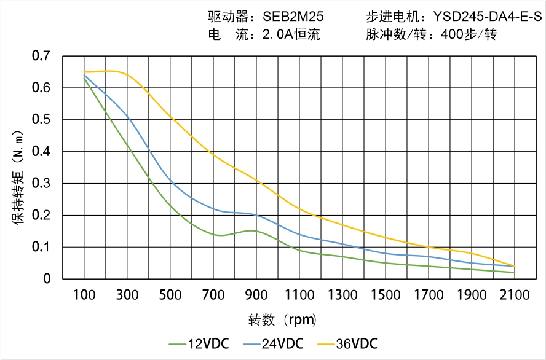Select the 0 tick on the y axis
coord(47,279)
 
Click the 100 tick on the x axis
coord(84,295)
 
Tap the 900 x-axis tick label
coord(256,295)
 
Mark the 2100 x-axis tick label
coord(515,295)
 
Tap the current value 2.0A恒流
coord(291,35)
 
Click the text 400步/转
coord(469,35)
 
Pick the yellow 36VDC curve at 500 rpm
coord(170,117)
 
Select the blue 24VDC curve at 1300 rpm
coord(342,245)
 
